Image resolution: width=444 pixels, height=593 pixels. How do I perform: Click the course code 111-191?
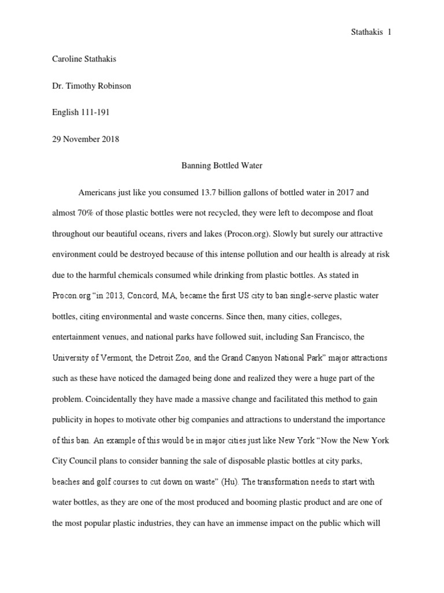click(95, 112)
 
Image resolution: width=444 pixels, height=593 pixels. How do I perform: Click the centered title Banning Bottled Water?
click(221, 166)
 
